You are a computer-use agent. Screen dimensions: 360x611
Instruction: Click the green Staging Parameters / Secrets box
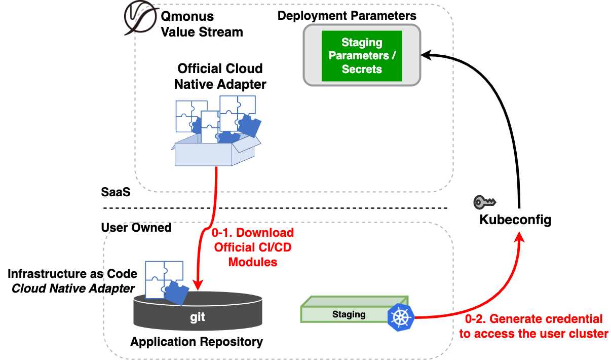coord(362,56)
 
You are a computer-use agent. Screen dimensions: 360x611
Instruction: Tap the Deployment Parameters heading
coord(347,16)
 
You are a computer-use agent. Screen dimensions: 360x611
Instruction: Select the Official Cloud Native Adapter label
coord(220,76)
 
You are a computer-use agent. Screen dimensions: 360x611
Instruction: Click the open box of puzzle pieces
coord(215,132)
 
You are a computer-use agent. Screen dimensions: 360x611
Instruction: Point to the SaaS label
coord(116,193)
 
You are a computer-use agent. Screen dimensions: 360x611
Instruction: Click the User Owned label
coord(136,228)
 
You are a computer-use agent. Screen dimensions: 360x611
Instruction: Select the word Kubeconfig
coord(515,220)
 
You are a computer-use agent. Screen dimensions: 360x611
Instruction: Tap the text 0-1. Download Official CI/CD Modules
coord(253,247)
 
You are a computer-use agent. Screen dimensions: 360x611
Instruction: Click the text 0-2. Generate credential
coord(533,319)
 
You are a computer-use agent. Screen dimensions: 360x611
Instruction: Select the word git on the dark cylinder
coord(198,317)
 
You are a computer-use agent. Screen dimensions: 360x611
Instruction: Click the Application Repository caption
coord(197,342)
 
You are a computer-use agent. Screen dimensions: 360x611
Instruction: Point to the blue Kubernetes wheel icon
coord(401,317)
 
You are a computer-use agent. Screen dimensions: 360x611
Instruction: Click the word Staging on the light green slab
coord(349,314)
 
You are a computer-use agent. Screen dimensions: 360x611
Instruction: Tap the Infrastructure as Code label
coord(72,274)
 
